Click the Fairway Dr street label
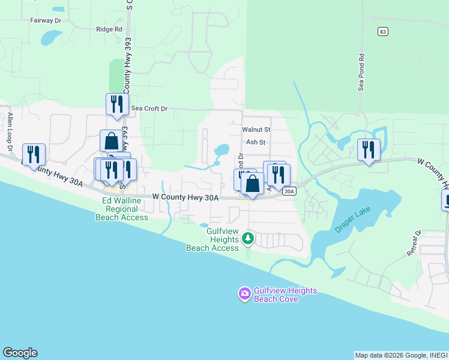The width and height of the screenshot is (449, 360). [x=46, y=20]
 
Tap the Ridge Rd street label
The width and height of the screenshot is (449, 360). [x=109, y=29]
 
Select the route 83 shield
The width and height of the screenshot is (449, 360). [x=382, y=31]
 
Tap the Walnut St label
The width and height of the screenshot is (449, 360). [x=256, y=129]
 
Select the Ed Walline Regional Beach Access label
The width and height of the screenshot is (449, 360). [x=121, y=209]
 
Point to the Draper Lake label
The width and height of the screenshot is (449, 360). [x=354, y=220]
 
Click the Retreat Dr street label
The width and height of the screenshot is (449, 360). [x=415, y=243]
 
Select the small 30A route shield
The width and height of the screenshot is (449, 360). [x=289, y=191]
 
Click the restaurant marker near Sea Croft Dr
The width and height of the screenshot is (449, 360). [x=117, y=104]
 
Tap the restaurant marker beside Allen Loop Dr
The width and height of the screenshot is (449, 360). [x=34, y=154]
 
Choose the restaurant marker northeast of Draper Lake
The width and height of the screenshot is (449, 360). [x=368, y=149]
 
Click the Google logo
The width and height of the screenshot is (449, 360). [x=20, y=353]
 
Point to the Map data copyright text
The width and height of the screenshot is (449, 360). [x=390, y=355]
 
